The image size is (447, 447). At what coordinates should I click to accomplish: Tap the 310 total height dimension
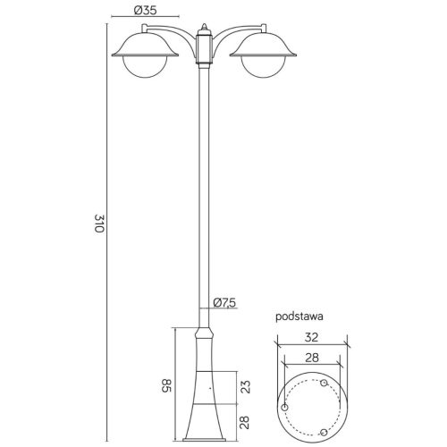[99, 224]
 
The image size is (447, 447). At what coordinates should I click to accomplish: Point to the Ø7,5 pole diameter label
[225, 302]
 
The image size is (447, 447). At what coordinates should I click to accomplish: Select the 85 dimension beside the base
[165, 386]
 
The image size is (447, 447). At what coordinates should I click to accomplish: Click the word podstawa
[299, 316]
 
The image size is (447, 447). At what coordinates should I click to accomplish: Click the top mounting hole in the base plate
[324, 383]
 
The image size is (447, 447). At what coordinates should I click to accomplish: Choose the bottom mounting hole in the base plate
[324, 433]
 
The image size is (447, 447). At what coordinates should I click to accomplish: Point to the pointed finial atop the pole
[206, 28]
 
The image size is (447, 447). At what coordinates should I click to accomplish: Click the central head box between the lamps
[206, 49]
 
